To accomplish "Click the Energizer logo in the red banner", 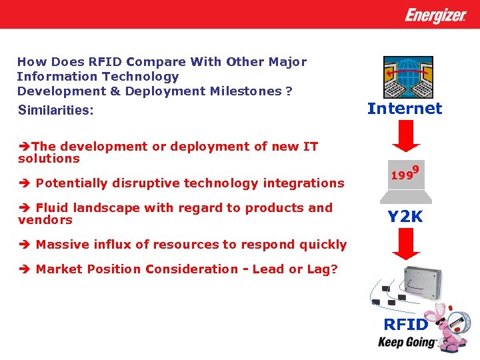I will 435,15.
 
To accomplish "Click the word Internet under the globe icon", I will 405,109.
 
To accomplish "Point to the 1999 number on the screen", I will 404,175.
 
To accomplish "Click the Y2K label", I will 405,217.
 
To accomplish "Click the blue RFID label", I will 405,325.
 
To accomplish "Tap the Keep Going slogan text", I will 407,343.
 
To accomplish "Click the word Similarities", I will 55,110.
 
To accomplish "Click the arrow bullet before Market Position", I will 23,269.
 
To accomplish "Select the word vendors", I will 45,220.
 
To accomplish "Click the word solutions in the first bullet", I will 49,159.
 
